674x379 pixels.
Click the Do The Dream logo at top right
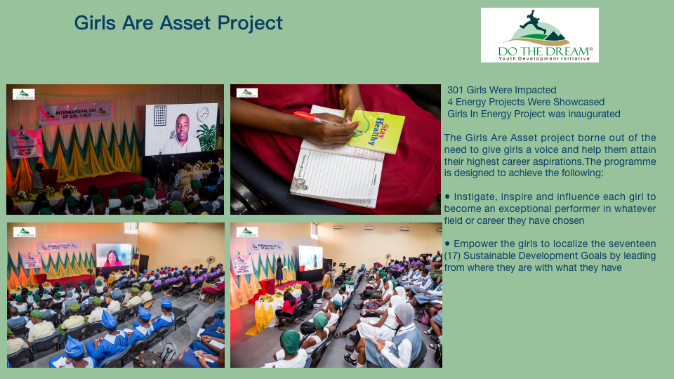[x=539, y=35]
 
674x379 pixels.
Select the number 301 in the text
[x=456, y=90]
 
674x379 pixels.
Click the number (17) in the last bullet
[x=453, y=255]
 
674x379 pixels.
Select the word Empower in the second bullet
[x=476, y=244]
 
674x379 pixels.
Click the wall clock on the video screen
[x=203, y=114]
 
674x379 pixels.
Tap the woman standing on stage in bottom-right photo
[x=279, y=270]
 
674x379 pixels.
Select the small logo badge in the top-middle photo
[x=246, y=93]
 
